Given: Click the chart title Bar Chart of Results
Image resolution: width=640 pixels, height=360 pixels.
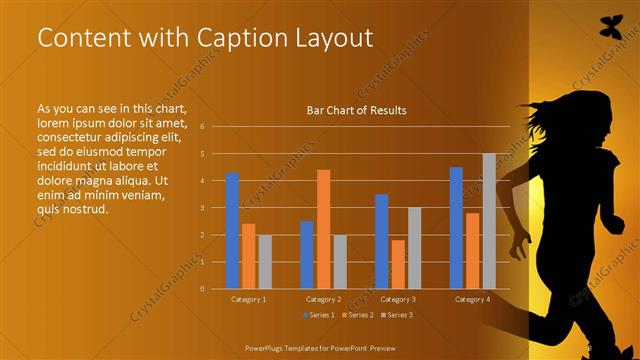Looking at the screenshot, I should coord(356,110).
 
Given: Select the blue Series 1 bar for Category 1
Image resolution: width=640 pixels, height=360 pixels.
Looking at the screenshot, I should coord(232,230).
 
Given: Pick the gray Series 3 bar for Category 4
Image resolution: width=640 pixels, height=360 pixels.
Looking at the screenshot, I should coord(489,221).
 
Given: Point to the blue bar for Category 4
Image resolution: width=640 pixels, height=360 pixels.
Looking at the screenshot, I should coord(456,227).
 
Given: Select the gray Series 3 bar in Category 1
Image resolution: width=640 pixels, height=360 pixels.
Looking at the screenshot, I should coord(264,261).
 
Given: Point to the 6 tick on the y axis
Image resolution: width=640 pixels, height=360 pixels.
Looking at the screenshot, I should coord(202,127).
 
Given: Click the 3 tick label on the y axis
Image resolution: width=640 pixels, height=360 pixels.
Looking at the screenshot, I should coord(202,208).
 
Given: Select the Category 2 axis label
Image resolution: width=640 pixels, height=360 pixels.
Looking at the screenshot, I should coord(322,299).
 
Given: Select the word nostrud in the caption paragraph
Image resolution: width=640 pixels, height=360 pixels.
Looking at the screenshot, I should coord(86,209).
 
